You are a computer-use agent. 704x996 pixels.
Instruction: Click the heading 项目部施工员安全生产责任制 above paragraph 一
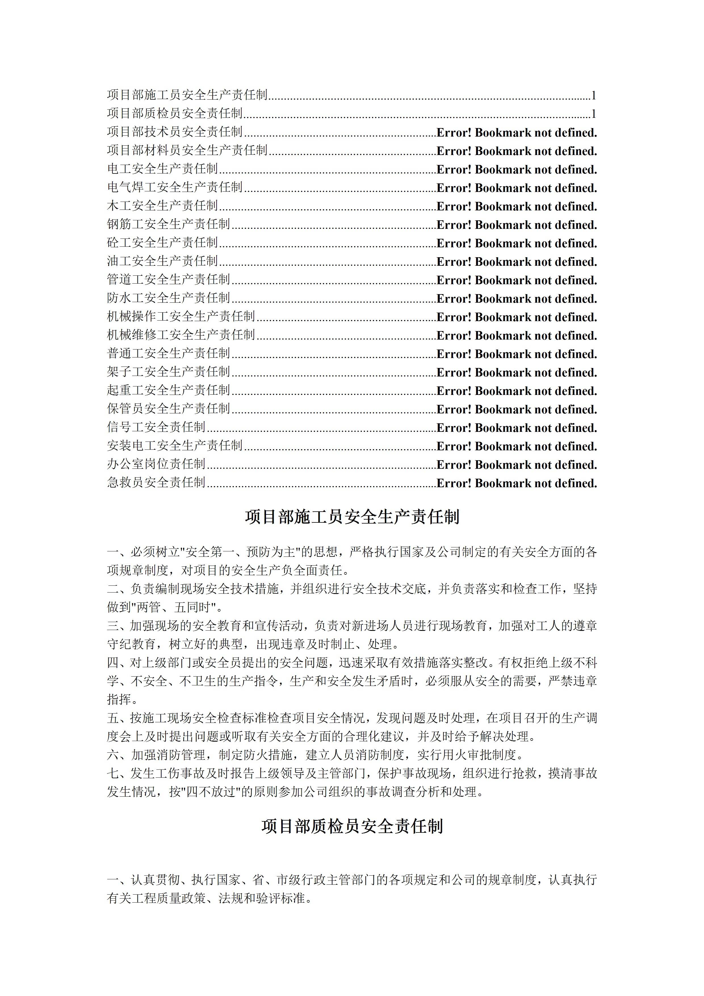coord(352,517)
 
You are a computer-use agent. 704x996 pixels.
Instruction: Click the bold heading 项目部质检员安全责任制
coord(352,826)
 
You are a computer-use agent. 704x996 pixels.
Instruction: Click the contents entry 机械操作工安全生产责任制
coord(181,316)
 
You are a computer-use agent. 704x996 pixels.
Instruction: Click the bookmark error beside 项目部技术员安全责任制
coord(516,132)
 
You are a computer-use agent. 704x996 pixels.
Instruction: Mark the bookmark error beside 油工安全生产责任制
coord(516,261)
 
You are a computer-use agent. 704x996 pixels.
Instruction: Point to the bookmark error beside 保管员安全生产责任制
coord(516,409)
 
